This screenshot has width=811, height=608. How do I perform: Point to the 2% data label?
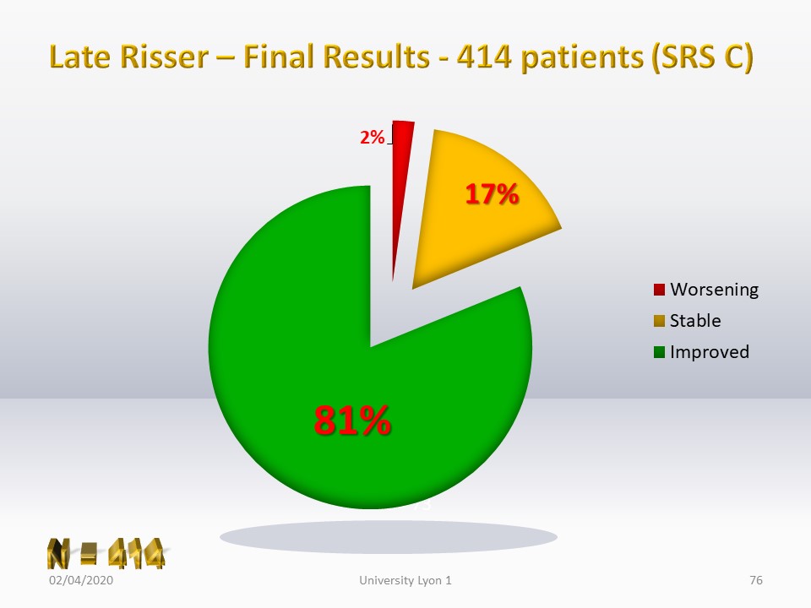pos(373,138)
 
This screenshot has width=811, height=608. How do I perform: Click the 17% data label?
pos(492,194)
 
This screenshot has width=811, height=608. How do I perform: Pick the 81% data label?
pos(352,420)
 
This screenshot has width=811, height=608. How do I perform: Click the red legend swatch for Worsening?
pos(659,290)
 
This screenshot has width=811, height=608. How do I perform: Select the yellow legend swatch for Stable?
pos(659,321)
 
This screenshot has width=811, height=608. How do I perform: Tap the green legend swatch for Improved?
pos(659,353)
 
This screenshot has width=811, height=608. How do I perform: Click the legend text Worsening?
pos(715,290)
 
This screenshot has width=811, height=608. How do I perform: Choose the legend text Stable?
pos(695,321)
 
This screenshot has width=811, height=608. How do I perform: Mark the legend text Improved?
pos(709,353)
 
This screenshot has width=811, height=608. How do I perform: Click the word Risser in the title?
pos(165,57)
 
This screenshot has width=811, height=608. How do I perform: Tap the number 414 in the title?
pos(484,57)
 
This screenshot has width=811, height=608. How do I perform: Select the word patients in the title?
pos(582,58)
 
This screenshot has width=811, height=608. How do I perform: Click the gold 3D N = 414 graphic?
pos(106,554)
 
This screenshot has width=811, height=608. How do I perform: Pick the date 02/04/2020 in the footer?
pos(81,581)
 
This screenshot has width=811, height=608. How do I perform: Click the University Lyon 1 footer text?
pos(405,581)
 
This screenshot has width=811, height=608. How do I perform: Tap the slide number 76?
pos(755,581)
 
